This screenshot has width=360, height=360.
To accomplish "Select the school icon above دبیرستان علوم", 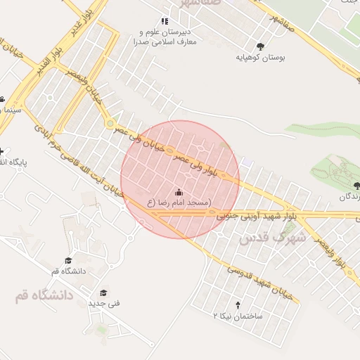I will click(x=165, y=22).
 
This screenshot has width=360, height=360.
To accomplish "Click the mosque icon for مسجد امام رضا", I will click(x=178, y=192).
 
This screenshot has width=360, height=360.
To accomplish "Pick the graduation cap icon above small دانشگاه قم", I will click(x=68, y=260).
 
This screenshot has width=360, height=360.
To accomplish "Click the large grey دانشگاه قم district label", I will click(x=44, y=295).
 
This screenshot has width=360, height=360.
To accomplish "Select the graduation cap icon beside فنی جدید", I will click(x=103, y=292).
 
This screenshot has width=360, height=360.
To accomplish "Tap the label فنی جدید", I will click(x=104, y=303).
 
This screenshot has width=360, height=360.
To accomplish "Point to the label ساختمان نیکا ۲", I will click(x=238, y=316).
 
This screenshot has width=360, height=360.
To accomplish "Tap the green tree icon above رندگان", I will click(x=356, y=185).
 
